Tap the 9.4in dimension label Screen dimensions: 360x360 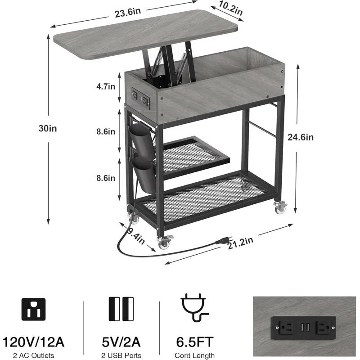[136, 236]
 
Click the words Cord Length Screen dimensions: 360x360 [195, 355]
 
